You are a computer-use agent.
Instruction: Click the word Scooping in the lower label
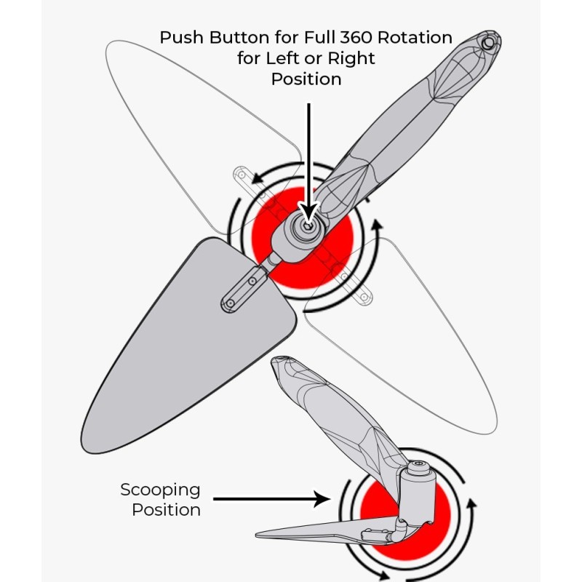[x=160, y=490]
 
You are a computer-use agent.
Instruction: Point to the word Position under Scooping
[x=166, y=509]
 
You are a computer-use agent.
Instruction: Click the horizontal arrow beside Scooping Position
[x=269, y=499]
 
